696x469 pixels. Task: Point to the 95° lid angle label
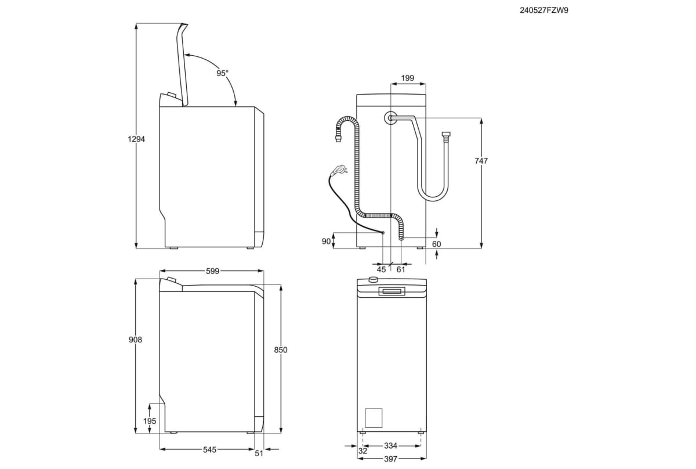(x=223, y=73)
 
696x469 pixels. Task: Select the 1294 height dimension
(x=136, y=139)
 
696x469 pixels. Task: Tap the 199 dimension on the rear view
(x=407, y=78)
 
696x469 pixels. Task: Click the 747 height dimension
(x=481, y=161)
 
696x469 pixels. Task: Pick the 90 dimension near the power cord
(x=326, y=241)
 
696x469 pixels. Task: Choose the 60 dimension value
(x=436, y=244)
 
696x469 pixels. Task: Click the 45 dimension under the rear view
(x=381, y=269)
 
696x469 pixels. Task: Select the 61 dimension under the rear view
(x=401, y=269)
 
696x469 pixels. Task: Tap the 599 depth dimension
(x=212, y=271)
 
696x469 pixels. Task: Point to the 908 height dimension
(x=136, y=340)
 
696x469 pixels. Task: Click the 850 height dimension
(x=281, y=350)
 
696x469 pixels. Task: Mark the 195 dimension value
(x=150, y=420)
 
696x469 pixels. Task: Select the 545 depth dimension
(x=209, y=450)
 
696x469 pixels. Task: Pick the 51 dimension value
(x=259, y=453)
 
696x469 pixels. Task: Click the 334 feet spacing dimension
(x=391, y=446)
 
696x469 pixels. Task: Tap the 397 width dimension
(x=391, y=459)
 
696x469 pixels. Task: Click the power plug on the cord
(x=339, y=170)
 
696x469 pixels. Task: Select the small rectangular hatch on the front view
(x=374, y=418)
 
